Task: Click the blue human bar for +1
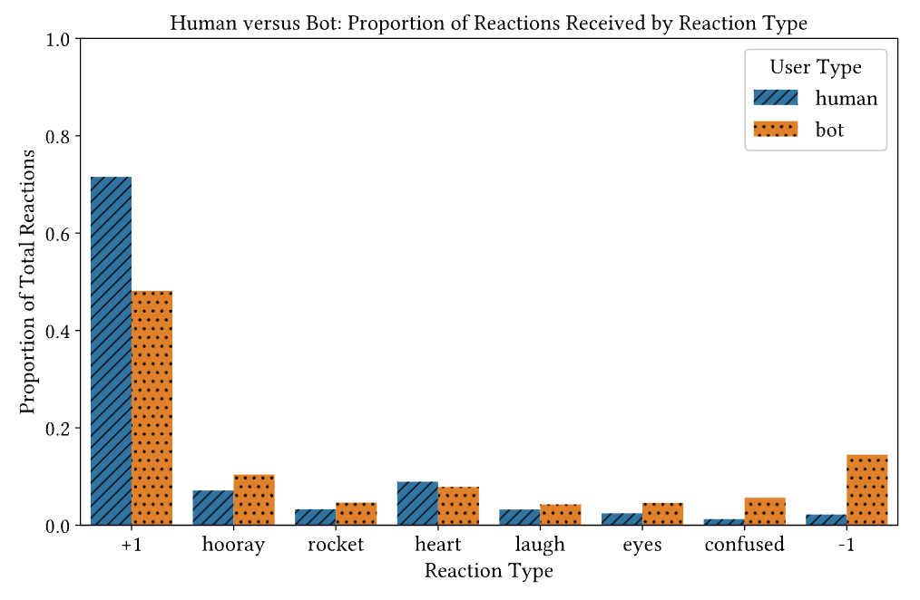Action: [111, 351]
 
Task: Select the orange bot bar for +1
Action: [152, 408]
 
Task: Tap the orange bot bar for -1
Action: [866, 489]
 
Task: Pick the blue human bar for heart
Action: [417, 503]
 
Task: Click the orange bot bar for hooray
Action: [254, 499]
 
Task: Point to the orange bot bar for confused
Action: [765, 511]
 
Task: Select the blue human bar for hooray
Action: [213, 508]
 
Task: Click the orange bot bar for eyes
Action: [662, 514]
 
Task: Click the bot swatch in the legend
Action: [776, 130]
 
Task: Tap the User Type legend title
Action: [816, 67]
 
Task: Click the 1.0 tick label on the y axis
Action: [59, 40]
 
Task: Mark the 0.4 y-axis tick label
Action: [59, 331]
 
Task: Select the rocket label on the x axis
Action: [336, 545]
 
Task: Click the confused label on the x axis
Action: [744, 545]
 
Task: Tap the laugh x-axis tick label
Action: [540, 545]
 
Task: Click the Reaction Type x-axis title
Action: [489, 571]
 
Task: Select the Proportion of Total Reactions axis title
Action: [28, 281]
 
